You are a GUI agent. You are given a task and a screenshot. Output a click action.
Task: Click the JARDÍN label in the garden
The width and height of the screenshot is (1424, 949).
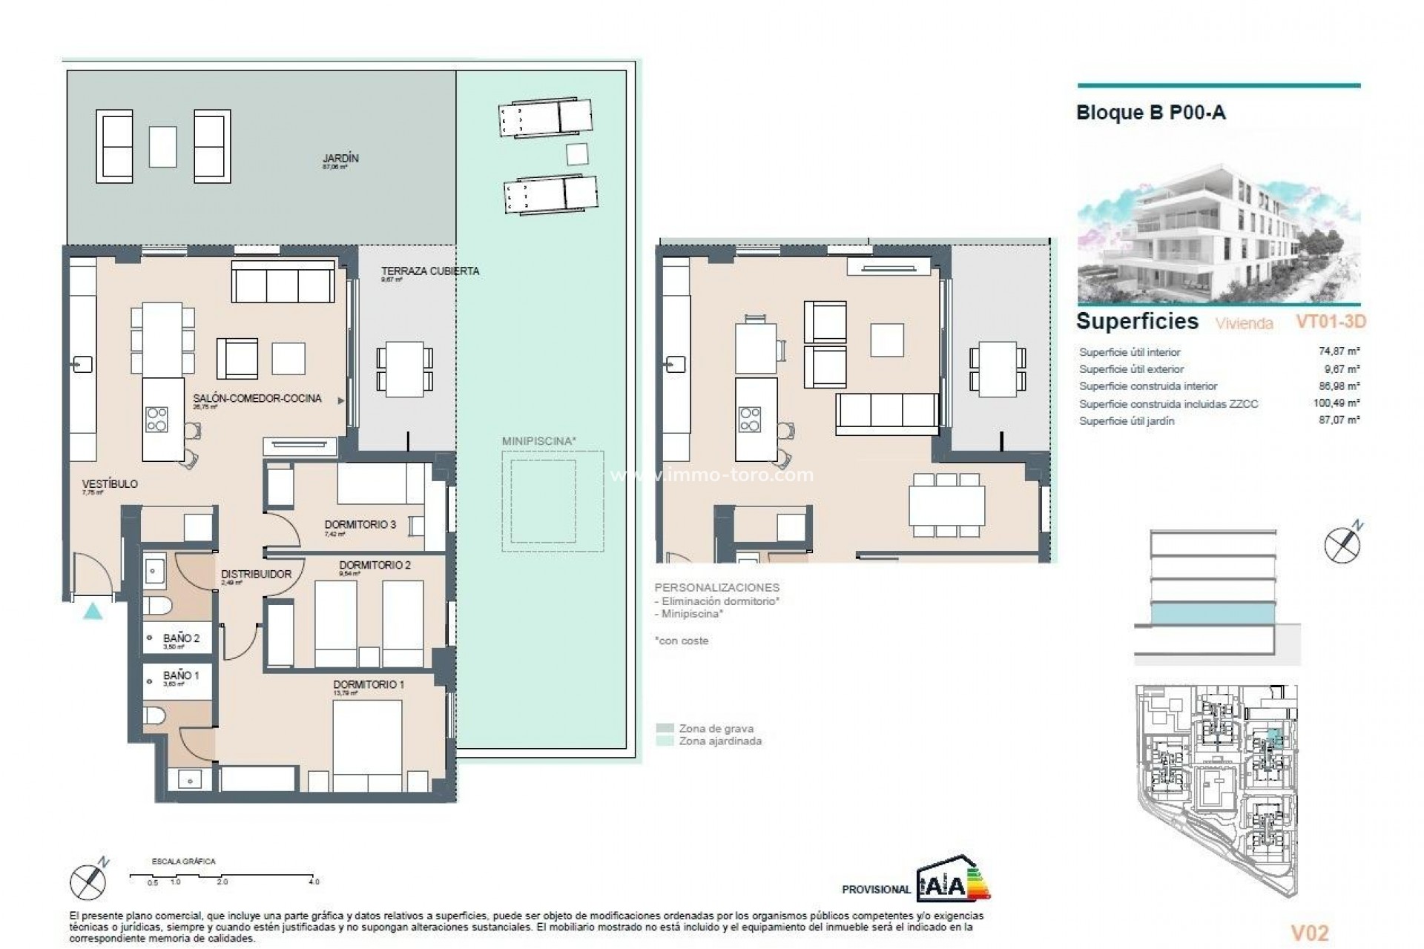(x=340, y=159)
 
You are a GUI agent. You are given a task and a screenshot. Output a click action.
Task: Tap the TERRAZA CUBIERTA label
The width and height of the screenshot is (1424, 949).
(x=430, y=271)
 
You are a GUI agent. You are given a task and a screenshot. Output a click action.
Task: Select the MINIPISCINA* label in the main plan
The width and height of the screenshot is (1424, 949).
(x=538, y=441)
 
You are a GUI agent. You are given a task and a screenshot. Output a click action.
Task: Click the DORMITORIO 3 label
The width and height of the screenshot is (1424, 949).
(x=360, y=525)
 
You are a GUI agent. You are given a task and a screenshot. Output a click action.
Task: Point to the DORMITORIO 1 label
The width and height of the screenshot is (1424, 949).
(x=369, y=684)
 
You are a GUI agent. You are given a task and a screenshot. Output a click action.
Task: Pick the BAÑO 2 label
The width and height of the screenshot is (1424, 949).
(x=181, y=638)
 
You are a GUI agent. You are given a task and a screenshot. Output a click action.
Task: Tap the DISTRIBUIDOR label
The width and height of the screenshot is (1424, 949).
(x=256, y=574)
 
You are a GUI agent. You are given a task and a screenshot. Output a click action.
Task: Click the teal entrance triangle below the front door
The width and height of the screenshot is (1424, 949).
(x=93, y=612)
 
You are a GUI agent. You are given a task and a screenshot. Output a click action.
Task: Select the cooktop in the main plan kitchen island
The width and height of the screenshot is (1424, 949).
(x=156, y=419)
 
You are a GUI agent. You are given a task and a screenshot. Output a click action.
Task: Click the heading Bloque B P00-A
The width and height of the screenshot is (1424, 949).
(x=1150, y=113)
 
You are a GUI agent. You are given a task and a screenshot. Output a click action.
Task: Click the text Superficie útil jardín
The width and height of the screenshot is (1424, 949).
(x=1126, y=421)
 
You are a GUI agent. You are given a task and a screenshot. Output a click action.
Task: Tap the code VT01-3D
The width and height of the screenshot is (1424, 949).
(x=1330, y=322)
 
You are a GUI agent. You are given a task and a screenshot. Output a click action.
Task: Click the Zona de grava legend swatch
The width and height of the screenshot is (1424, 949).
(x=665, y=729)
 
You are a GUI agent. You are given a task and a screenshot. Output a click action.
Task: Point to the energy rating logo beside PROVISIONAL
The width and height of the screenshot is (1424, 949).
(x=953, y=879)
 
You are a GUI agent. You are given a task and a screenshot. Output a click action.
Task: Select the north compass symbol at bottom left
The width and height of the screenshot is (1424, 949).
(x=89, y=881)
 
